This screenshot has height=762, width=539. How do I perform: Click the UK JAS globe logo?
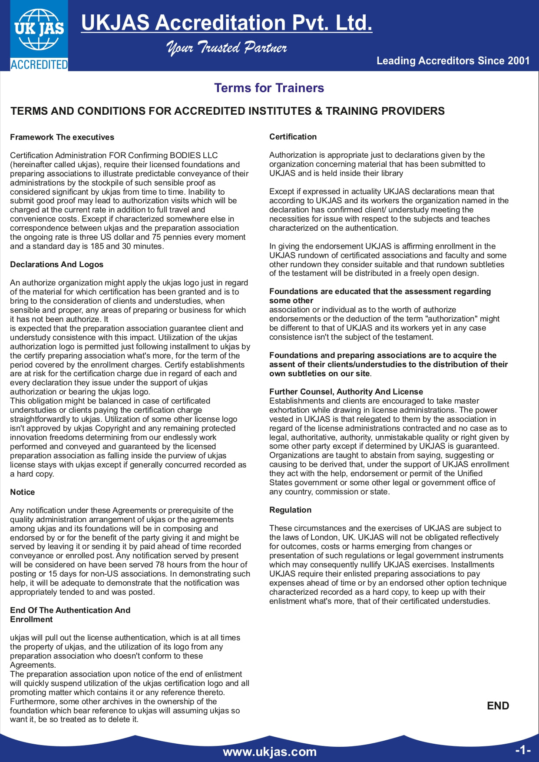click(x=39, y=30)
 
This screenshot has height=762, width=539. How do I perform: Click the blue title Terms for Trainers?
click(x=269, y=88)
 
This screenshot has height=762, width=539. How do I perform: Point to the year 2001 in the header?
click(x=518, y=61)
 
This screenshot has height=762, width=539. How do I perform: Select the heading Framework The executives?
click(x=62, y=137)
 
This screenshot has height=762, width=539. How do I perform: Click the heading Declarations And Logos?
click(x=56, y=265)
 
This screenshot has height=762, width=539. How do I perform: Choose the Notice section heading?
click(x=23, y=492)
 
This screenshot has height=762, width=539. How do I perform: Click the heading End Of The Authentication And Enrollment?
click(x=70, y=615)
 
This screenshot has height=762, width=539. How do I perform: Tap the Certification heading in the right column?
click(x=293, y=137)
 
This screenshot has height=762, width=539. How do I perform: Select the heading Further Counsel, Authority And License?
click(x=346, y=392)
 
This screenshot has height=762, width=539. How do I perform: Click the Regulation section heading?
click(x=290, y=510)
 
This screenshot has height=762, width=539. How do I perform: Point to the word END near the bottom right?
click(x=498, y=706)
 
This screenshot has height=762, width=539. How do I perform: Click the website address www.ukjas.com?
click(x=269, y=752)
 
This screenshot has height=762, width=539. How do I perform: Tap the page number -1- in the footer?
click(x=522, y=750)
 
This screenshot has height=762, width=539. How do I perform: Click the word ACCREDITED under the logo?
click(x=39, y=65)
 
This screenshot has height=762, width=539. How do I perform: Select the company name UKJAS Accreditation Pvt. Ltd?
click(x=226, y=23)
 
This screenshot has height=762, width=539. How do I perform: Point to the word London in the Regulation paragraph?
click(x=322, y=537)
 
